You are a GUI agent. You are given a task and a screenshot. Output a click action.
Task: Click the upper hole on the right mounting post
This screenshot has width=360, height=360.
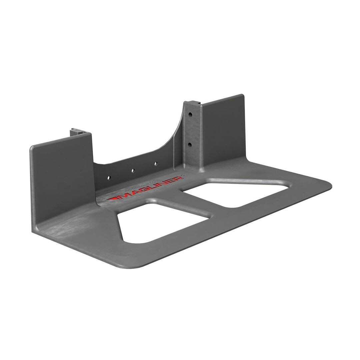coord(190,114)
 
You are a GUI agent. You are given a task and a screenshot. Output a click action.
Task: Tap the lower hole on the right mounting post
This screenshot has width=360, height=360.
coord(190,145)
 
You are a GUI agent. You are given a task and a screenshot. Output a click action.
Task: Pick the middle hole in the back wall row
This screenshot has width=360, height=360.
coord(132,170)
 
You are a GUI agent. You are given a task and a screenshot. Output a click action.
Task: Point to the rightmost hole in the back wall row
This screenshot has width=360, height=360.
coord(155,163)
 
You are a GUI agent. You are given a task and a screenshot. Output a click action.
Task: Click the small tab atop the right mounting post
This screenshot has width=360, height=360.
coord(192,102)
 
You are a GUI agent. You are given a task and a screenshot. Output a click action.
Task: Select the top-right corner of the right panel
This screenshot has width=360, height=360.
coord(242,96)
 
